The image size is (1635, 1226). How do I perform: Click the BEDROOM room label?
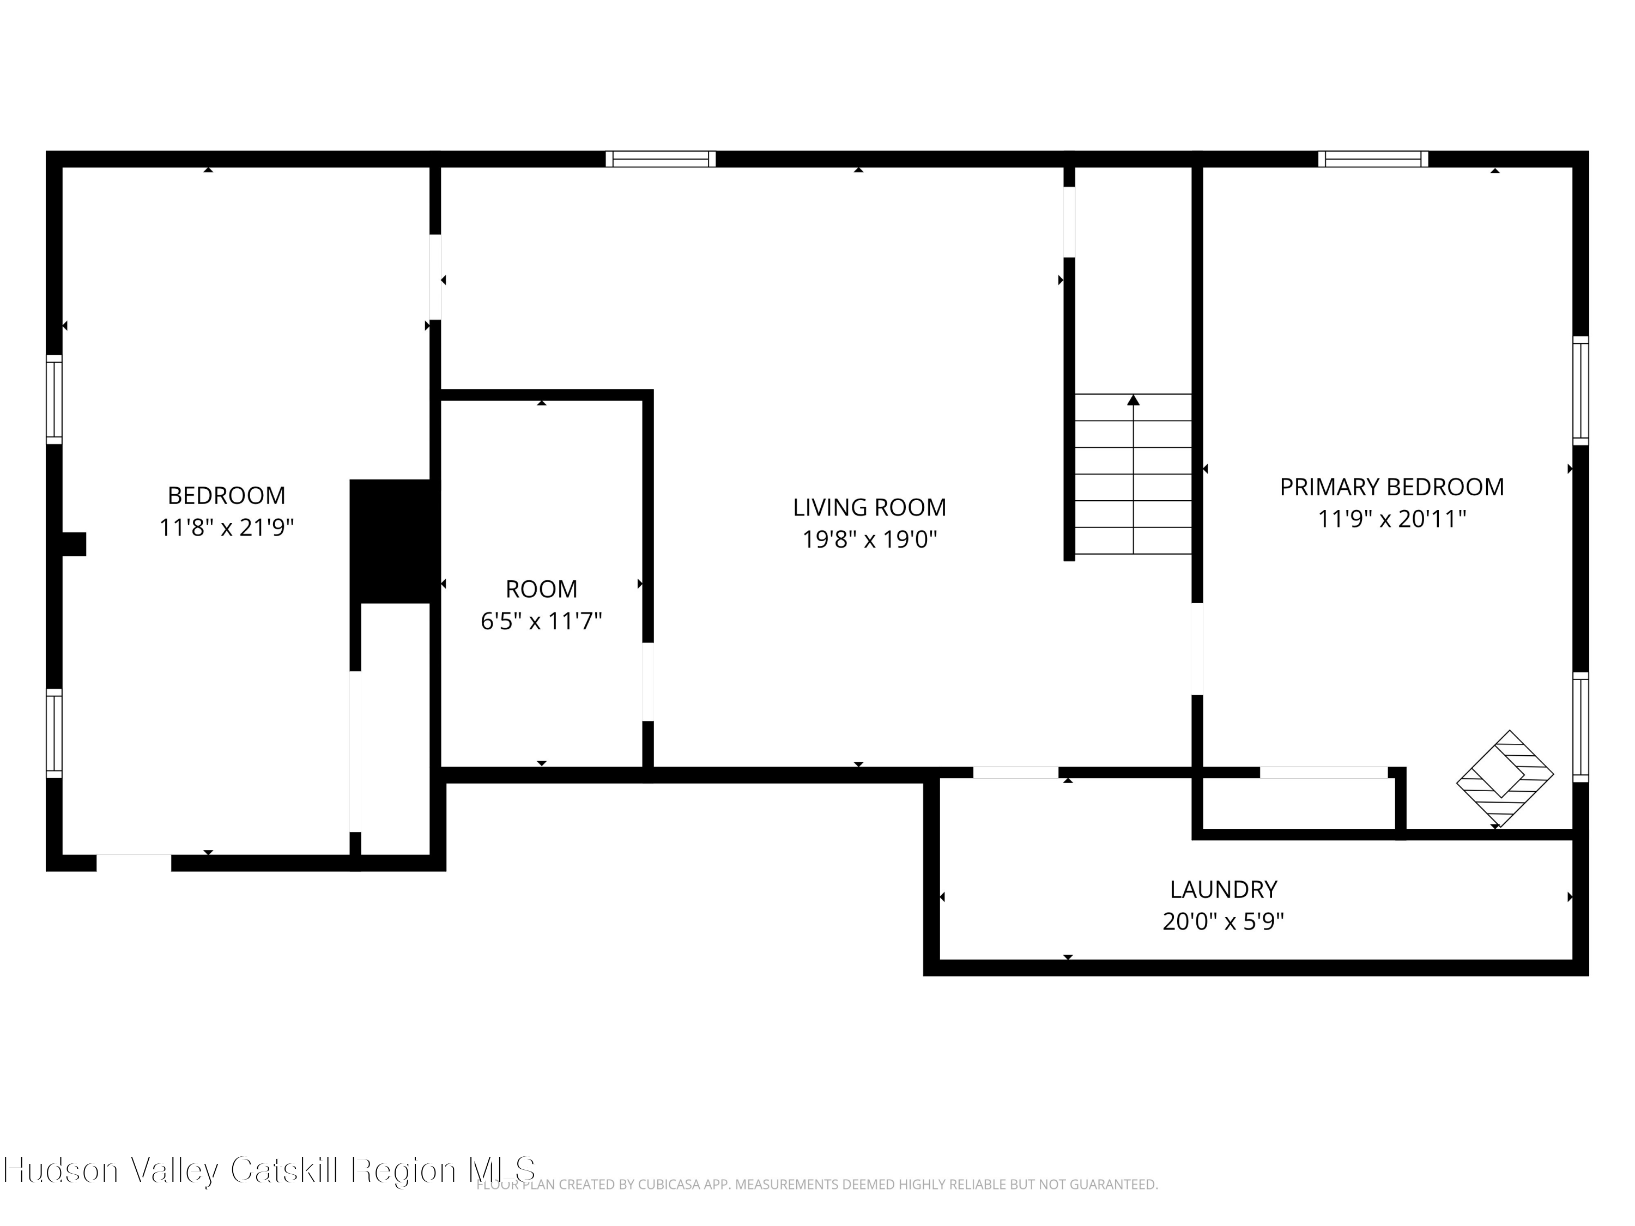click(x=226, y=495)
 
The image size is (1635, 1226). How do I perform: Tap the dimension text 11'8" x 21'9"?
click(x=226, y=527)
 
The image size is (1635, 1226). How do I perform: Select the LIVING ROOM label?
click(x=869, y=508)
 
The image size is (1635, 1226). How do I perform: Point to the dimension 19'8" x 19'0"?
click(x=869, y=540)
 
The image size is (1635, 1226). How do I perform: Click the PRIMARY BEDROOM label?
click(x=1391, y=487)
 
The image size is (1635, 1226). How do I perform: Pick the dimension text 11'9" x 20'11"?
click(x=1391, y=519)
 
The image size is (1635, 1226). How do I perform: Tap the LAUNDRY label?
click(x=1224, y=889)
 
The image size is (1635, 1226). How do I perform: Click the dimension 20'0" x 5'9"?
click(x=1224, y=921)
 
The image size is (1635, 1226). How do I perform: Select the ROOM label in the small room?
click(x=541, y=589)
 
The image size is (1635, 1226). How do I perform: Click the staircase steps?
click(x=1133, y=488)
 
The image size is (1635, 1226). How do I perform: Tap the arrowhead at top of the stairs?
click(x=1133, y=400)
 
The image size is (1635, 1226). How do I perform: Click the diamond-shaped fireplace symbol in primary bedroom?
click(x=1504, y=779)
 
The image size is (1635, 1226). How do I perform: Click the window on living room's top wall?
click(x=660, y=159)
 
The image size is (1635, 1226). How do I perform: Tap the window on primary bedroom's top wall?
click(x=1373, y=159)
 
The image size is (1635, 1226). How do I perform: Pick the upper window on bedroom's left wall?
click(x=54, y=399)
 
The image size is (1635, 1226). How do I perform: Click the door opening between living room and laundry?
click(x=1015, y=772)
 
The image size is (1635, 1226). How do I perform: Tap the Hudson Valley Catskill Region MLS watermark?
click(x=270, y=1170)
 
